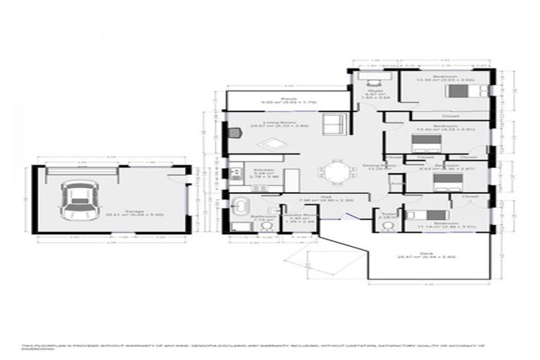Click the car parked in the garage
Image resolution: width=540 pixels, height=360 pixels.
click(x=75, y=199)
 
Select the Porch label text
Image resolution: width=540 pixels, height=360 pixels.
click(x=287, y=99)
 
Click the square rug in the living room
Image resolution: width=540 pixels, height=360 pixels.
click(x=271, y=145)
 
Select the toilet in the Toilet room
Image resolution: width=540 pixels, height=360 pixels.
click(x=387, y=210)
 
